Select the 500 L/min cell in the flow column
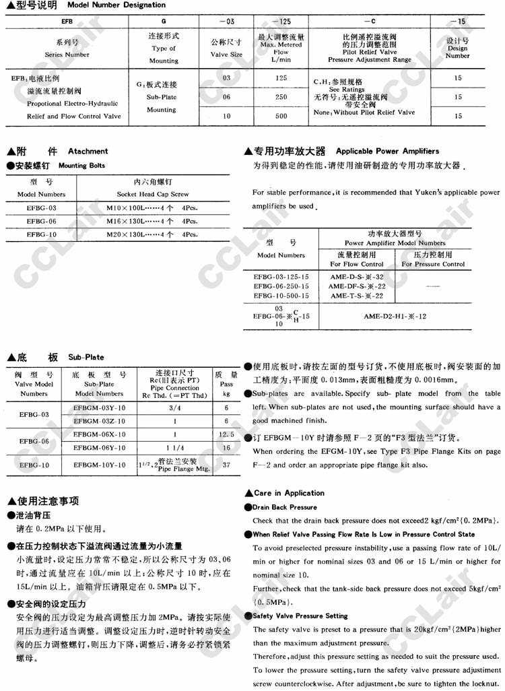(x=281, y=117)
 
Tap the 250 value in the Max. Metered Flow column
(x=281, y=97)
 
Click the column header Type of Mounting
(x=163, y=48)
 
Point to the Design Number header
(x=458, y=48)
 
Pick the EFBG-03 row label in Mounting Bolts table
(x=42, y=208)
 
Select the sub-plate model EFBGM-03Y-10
(x=100, y=408)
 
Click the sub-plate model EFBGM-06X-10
(x=100, y=434)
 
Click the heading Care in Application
(x=289, y=493)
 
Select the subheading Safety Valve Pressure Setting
(x=300, y=616)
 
